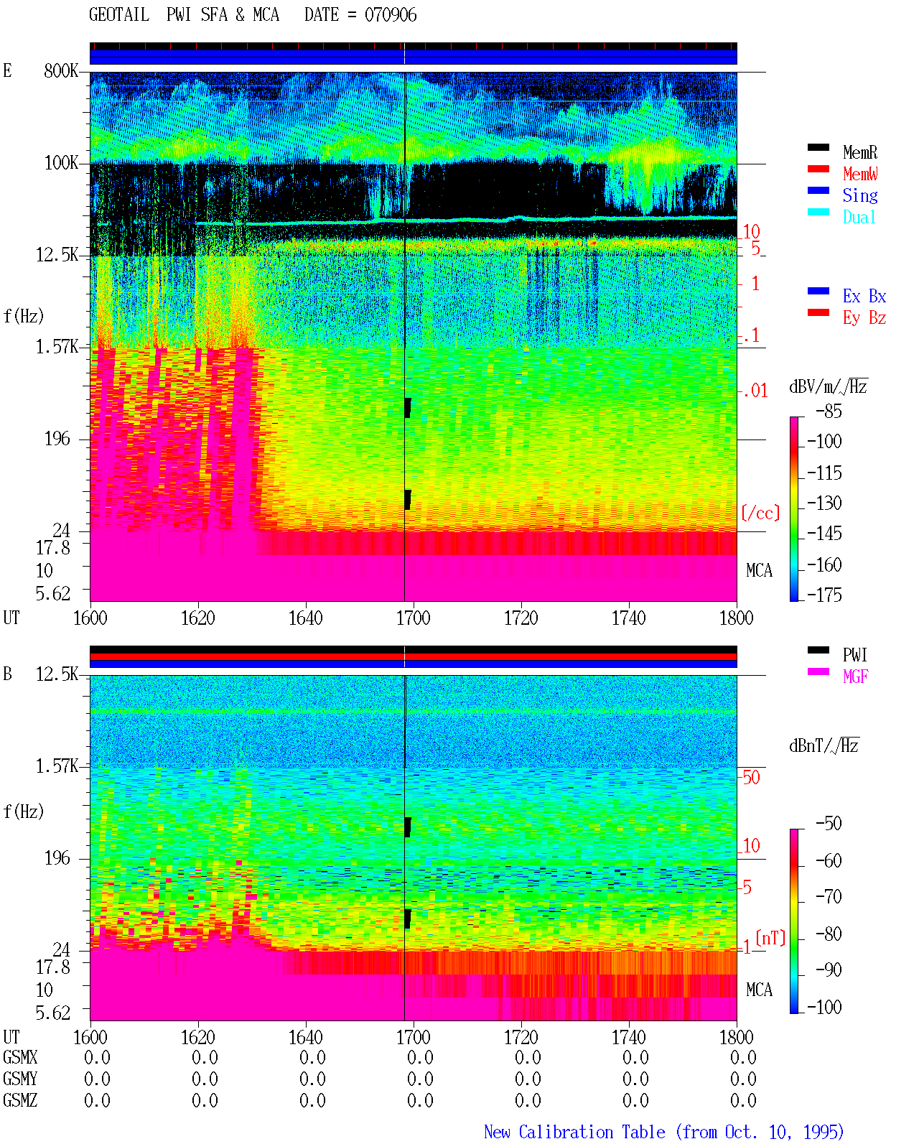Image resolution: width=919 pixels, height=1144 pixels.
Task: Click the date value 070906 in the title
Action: pyautogui.click(x=391, y=15)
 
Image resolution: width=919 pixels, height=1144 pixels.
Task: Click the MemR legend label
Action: pyautogui.click(x=859, y=152)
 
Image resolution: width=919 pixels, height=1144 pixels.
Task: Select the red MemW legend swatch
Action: pyautogui.click(x=818, y=169)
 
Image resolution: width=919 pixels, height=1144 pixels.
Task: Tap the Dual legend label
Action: pyautogui.click(x=859, y=217)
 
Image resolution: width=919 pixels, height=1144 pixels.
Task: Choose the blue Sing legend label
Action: pyautogui.click(x=859, y=195)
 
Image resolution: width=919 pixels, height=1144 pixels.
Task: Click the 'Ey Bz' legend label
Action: pyautogui.click(x=864, y=318)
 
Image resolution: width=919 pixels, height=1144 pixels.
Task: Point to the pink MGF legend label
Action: pyautogui.click(x=855, y=676)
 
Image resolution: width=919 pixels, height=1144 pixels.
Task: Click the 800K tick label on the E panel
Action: pyautogui.click(x=61, y=70)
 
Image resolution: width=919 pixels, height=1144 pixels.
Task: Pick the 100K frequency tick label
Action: pyautogui.click(x=61, y=163)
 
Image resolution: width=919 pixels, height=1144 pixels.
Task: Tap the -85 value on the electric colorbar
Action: pyautogui.click(x=829, y=411)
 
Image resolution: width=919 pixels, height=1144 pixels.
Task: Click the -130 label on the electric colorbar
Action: pyautogui.click(x=824, y=503)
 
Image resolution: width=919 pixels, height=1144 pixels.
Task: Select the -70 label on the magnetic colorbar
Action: pyautogui.click(x=829, y=897)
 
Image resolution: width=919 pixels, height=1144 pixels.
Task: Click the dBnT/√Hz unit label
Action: pyautogui.click(x=824, y=745)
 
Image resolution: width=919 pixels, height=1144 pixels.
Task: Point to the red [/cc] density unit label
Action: pyautogui.click(x=760, y=513)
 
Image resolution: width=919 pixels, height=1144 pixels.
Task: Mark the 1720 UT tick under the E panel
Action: pyautogui.click(x=521, y=618)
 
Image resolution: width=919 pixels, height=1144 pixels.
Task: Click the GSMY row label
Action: pyautogui.click(x=20, y=1079)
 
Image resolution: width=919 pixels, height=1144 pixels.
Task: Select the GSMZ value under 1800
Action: pyautogui.click(x=743, y=1100)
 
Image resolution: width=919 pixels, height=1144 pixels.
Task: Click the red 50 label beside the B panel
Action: pyautogui.click(x=751, y=777)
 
